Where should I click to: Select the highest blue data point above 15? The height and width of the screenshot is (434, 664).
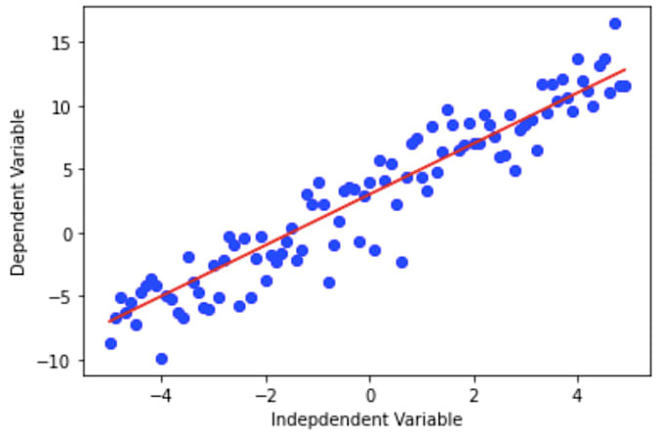[615, 23]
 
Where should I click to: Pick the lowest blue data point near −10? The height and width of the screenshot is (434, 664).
[162, 359]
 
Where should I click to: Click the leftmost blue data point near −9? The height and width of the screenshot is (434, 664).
[110, 343]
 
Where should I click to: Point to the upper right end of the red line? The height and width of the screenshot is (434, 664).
[625, 70]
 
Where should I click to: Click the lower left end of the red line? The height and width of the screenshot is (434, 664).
[109, 322]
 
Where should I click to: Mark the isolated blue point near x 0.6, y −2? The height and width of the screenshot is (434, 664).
[401, 262]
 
